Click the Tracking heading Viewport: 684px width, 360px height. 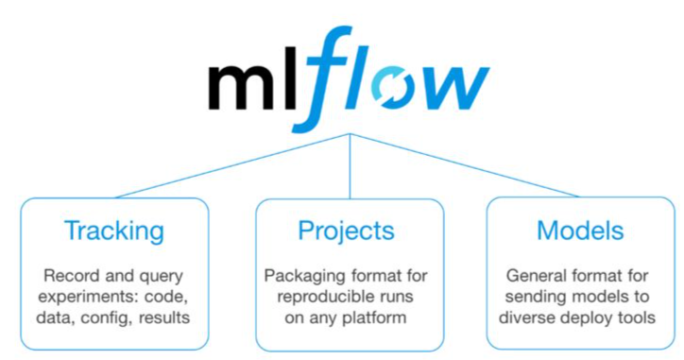tap(113, 231)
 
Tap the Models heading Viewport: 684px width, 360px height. tap(580, 231)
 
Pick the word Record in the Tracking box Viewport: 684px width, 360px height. tap(71, 276)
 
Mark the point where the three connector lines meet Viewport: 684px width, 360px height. tap(351, 134)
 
